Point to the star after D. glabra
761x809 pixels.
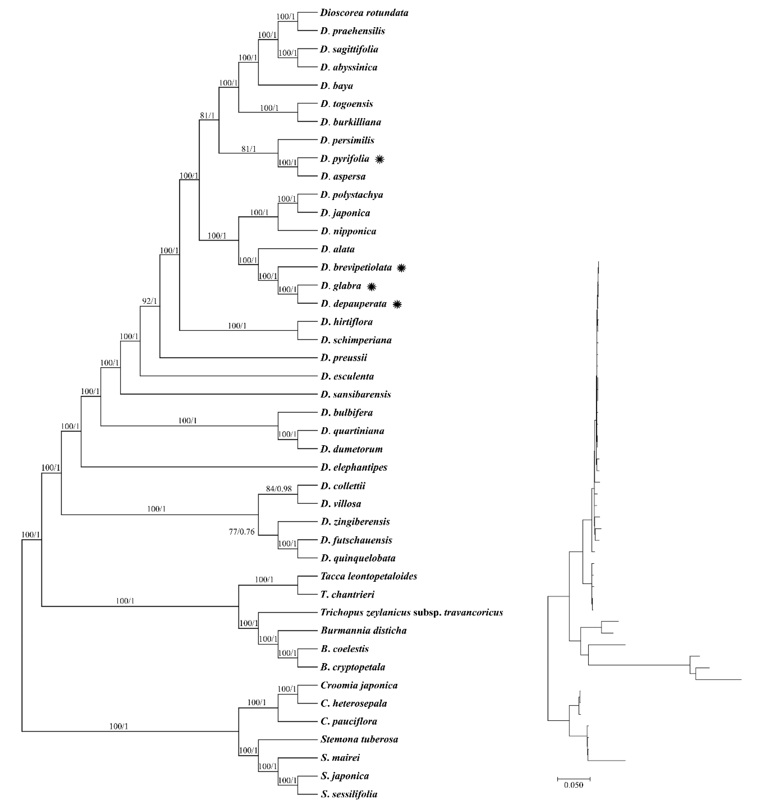click(x=371, y=287)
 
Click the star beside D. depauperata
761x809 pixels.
click(x=397, y=304)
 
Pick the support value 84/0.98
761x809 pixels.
click(x=279, y=489)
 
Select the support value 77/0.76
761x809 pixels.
click(x=242, y=532)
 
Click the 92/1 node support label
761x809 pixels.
click(x=149, y=301)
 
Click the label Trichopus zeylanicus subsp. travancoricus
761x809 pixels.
click(x=411, y=612)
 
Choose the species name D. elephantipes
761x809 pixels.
click(x=354, y=467)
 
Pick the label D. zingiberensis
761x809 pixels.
click(x=355, y=522)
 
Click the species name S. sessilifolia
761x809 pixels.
click(x=349, y=794)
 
